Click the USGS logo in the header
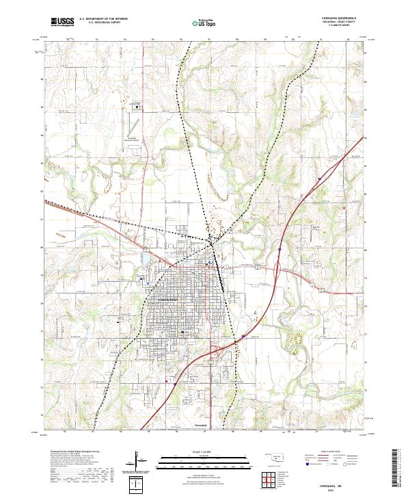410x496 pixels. point(61,22)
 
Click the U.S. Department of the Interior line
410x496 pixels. point(98,18)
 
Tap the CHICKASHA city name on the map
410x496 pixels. point(167,300)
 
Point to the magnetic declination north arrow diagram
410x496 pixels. point(138,462)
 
